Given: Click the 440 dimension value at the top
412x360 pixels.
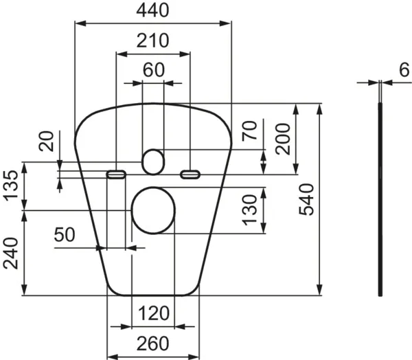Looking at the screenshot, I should pos(152,10).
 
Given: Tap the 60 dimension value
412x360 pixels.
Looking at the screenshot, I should pos(154,69).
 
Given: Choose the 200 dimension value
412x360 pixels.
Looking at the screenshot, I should pos(282,139).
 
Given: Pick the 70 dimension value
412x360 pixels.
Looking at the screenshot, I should pos(251,130).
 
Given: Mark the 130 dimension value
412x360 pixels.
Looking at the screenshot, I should pos(251,209).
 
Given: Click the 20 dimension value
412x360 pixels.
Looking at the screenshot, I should pos(46,143).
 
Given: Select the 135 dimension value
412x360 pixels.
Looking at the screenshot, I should pos(11,186).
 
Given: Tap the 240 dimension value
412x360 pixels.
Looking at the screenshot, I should pos(11,254).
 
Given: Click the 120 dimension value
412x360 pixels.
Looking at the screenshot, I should pos(152,314).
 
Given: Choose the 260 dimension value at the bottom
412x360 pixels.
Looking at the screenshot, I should pos(152,341).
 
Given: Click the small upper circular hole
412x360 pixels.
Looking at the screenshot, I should pos(153,161).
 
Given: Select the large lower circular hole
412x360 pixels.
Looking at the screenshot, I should pos(153,210).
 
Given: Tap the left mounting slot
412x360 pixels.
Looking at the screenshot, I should pos(116,175).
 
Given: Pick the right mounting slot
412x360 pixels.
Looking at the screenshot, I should pos(190,175).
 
